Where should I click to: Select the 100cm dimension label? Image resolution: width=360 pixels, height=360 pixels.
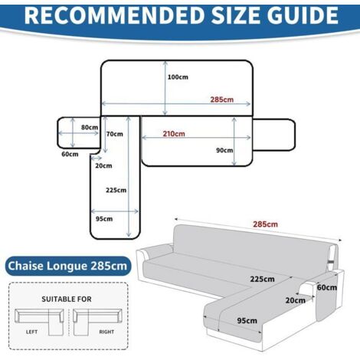click(178, 77)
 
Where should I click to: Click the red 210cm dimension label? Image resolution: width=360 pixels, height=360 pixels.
click(174, 133)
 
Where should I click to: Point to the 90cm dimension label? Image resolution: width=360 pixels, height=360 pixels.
click(224, 150)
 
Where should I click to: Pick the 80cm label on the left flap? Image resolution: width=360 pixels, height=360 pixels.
click(90, 127)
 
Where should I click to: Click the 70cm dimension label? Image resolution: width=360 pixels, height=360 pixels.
click(115, 134)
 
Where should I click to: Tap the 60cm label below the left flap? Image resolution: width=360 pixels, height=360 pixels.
click(70, 154)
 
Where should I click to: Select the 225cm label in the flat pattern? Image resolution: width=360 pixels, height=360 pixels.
click(116, 190)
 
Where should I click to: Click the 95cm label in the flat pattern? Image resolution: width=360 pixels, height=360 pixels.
click(104, 218)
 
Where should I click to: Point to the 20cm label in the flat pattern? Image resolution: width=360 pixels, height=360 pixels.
click(103, 165)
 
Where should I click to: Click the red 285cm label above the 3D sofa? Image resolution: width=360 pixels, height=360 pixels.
click(265, 224)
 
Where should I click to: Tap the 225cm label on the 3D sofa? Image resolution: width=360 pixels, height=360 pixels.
click(262, 279)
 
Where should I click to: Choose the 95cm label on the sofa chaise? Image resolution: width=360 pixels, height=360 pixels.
click(247, 320)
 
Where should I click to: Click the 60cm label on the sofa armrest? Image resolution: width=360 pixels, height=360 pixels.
click(327, 287)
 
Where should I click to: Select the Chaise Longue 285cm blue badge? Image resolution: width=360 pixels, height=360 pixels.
click(68, 266)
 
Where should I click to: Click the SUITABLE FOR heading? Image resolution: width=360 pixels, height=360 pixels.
click(67, 299)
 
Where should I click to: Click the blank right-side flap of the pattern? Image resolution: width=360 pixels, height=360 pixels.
click(274, 135)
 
